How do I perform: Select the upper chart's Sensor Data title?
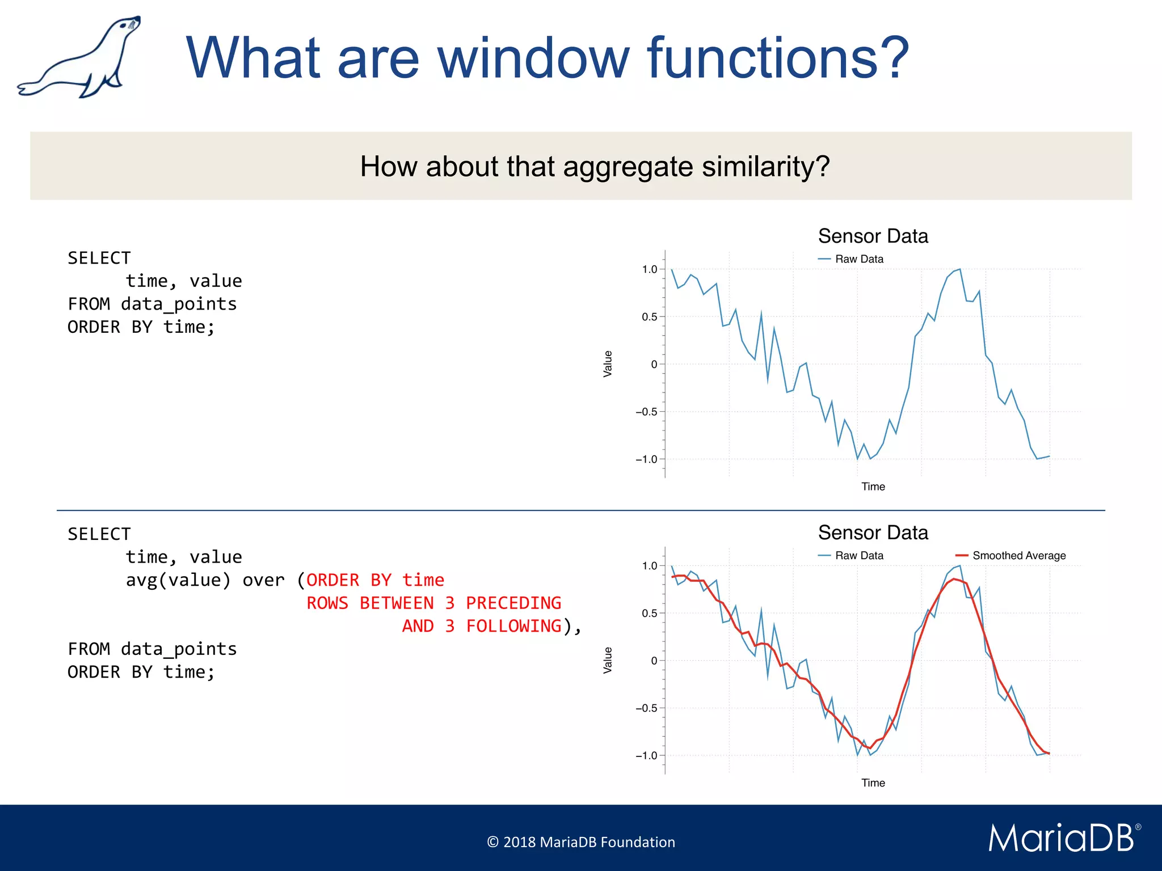(x=873, y=236)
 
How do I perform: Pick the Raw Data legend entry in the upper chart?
(x=858, y=259)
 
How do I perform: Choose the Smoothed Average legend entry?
(x=1018, y=556)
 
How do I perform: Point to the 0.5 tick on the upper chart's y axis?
(x=649, y=317)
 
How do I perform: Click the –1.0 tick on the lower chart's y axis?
(x=646, y=756)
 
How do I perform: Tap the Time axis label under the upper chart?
(x=873, y=487)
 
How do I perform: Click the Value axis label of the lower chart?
(x=608, y=661)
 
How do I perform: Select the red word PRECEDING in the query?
(x=513, y=603)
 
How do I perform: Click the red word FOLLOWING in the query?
(x=513, y=626)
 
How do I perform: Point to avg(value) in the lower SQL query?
(x=178, y=580)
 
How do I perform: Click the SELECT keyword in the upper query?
(x=99, y=259)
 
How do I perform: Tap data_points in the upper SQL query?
(x=179, y=305)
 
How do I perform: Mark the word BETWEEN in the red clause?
(x=397, y=603)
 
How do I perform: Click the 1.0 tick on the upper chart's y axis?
(x=649, y=269)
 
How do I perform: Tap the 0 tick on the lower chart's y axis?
(x=654, y=661)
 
